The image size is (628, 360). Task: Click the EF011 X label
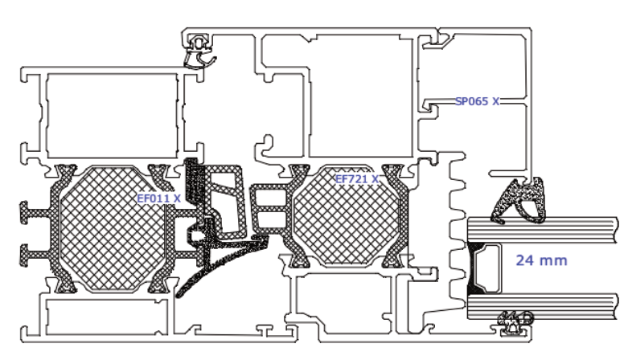pos(158,197)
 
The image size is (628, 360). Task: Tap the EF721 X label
pos(356,179)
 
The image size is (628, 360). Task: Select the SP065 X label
pos(477,101)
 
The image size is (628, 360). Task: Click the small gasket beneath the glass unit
pos(515,321)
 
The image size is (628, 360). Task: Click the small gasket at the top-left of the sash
pos(198,53)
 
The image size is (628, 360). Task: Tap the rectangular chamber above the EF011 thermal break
pos(111,116)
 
